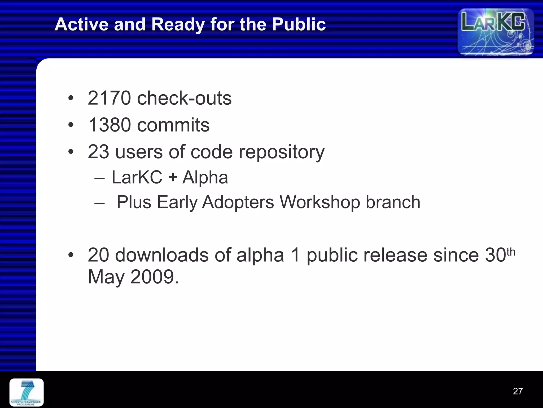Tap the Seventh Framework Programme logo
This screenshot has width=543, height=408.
[x=27, y=392]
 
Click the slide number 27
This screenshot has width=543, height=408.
[x=518, y=391]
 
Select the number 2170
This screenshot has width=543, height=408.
[x=109, y=98]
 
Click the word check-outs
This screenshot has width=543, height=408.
[x=184, y=98]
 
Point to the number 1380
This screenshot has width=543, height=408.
[x=110, y=125]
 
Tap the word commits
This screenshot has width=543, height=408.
[x=173, y=125]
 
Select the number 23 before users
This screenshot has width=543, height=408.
[x=98, y=152]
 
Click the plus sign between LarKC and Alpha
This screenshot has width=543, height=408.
[x=173, y=177]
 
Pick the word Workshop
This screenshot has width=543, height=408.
[x=320, y=202]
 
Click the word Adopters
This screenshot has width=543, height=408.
[x=238, y=202]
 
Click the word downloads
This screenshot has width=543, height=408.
[x=162, y=255]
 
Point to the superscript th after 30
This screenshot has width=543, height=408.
[x=511, y=252]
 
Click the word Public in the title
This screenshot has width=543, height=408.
[x=299, y=24]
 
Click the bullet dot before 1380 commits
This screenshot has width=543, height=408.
[x=71, y=125]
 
